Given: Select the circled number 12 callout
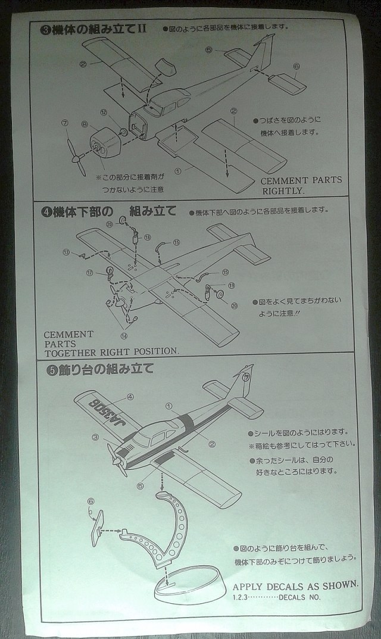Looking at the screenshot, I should (104, 113).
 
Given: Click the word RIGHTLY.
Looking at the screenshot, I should (283, 191).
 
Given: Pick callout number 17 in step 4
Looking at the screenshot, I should (90, 273).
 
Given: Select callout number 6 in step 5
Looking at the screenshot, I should (90, 501).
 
